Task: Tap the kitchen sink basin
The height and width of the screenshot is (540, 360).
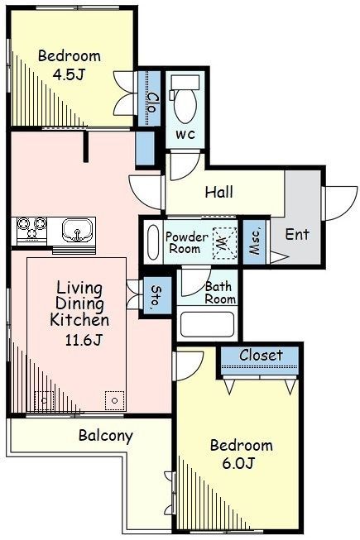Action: point(78,230)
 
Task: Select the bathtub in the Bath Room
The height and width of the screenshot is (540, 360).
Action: point(207,324)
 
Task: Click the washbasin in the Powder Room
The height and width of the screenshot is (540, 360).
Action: point(153,241)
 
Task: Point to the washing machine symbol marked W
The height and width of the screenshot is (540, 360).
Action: point(224,243)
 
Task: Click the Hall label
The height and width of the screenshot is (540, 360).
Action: point(219,192)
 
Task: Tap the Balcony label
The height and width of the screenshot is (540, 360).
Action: point(105,436)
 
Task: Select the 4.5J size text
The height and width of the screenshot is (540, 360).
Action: point(69,74)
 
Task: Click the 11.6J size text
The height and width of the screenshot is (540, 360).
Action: point(84,340)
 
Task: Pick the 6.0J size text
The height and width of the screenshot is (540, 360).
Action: point(238,463)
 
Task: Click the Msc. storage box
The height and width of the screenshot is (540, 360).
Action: point(254,241)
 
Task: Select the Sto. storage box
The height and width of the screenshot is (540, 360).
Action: point(157,295)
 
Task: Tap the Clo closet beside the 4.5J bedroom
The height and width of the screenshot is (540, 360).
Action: point(149,99)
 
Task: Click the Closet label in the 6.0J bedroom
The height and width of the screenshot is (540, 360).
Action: point(261,355)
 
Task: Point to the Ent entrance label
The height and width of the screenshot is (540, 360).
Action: point(297,235)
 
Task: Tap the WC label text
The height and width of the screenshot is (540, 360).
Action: point(185,134)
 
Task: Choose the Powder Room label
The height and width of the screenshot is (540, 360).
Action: point(187,243)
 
